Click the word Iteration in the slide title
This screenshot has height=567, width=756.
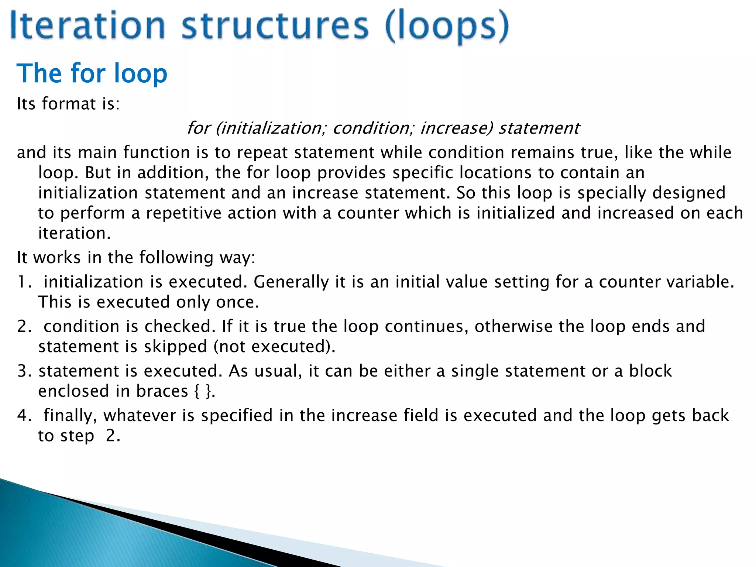point(87,26)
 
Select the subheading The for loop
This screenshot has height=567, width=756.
point(92,73)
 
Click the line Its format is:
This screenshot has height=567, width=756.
point(68,104)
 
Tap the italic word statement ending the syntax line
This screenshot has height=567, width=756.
point(539,128)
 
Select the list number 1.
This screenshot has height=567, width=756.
point(24,282)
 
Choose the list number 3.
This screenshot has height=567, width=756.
point(24,371)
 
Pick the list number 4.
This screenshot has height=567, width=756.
point(24,416)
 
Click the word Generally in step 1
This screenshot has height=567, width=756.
point(291,282)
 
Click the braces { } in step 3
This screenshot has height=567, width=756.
point(202,391)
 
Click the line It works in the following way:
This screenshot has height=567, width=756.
point(136,258)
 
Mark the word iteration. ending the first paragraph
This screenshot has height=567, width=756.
point(74,233)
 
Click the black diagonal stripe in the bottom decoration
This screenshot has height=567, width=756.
point(207,532)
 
